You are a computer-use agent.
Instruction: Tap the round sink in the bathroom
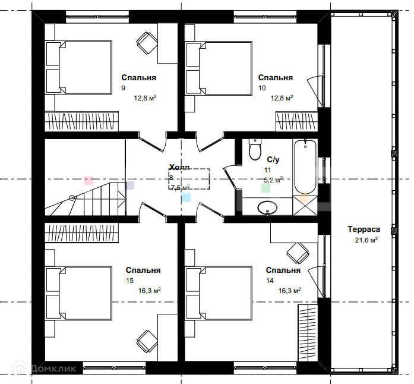click(267, 207)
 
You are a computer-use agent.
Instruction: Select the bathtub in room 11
click(305, 167)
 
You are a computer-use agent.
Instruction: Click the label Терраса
click(364, 229)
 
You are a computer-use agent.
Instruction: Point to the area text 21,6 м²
click(366, 240)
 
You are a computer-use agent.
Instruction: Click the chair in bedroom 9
click(147, 43)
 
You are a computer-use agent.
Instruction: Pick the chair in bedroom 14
click(298, 253)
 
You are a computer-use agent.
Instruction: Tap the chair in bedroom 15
click(147, 341)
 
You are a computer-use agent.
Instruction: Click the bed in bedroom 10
click(219, 68)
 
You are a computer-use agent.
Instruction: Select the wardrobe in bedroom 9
click(81, 121)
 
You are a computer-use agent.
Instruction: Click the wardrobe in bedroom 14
click(308, 333)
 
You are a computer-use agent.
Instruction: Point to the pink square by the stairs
click(89, 181)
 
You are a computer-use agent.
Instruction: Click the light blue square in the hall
click(186, 197)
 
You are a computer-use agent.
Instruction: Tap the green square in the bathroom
click(266, 188)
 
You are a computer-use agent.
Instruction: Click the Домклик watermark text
click(53, 369)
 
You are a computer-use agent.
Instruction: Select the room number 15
click(129, 281)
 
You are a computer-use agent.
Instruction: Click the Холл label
click(179, 167)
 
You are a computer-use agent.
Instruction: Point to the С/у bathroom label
click(273, 160)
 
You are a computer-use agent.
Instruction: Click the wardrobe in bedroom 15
click(81, 232)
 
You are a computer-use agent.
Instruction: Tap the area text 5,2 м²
click(274, 180)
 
